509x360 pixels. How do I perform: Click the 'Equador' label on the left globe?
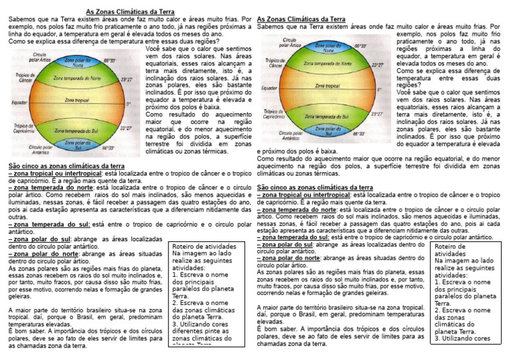click(20, 103)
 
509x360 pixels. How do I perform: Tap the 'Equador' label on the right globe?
click(269, 88)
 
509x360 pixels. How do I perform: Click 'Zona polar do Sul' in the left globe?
click(76, 144)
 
